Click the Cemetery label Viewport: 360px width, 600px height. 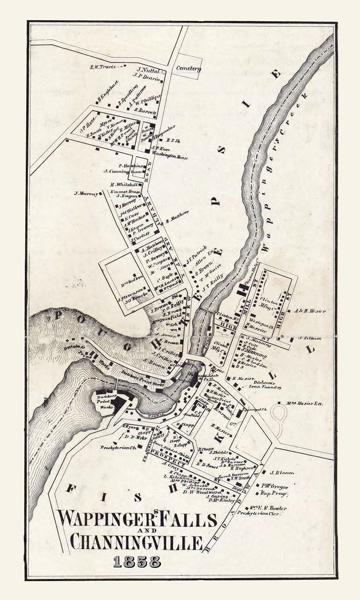pyautogui.click(x=188, y=68)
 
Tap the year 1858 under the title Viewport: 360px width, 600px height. pyautogui.click(x=137, y=561)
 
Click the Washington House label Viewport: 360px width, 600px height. pyautogui.click(x=170, y=157)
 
